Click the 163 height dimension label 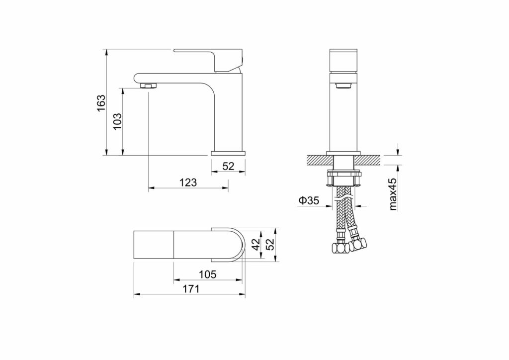[x=101, y=102]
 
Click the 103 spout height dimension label [x=117, y=121]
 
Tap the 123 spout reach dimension [x=188, y=182]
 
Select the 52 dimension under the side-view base [x=228, y=166]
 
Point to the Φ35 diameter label [x=308, y=200]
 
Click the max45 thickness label [x=393, y=194]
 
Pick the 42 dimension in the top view [x=256, y=244]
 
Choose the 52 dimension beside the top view [x=270, y=244]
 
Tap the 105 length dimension [x=207, y=274]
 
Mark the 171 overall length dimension [x=191, y=288]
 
